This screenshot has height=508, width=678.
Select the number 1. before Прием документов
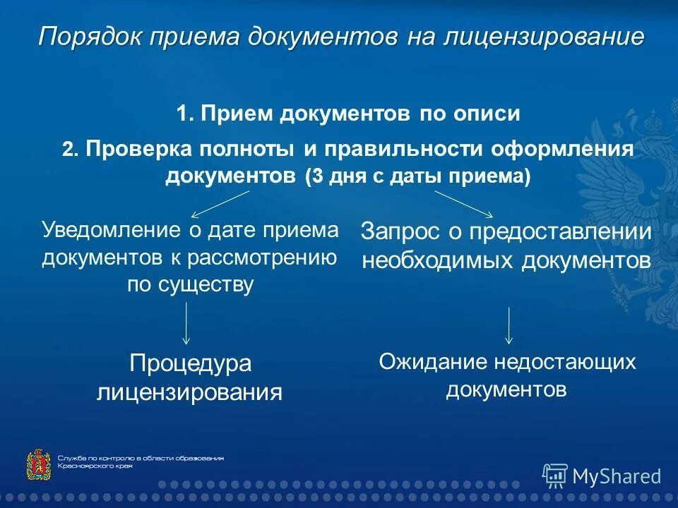[185, 114]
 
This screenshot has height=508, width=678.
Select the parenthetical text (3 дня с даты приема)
[417, 176]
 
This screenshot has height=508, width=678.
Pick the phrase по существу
[190, 285]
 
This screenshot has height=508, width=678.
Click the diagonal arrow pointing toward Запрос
[464, 204]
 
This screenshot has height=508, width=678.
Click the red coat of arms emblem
[37, 465]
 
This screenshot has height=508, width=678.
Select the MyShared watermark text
[617, 476]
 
